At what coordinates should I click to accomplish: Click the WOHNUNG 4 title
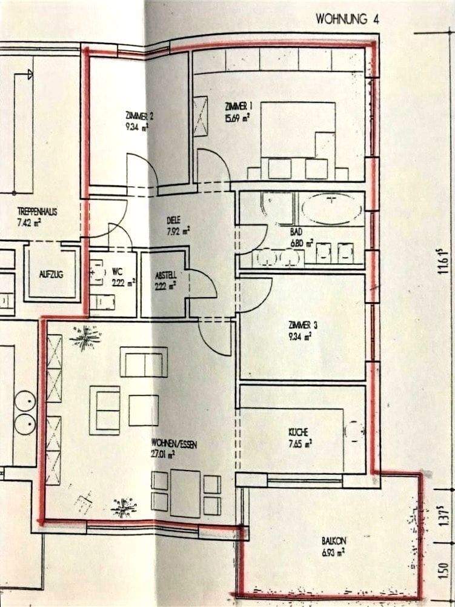347,19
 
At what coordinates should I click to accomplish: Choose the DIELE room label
175,221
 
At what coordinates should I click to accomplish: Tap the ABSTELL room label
165,273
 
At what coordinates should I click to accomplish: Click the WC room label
118,271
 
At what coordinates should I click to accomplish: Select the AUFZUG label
50,274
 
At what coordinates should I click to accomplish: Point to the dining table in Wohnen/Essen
185,485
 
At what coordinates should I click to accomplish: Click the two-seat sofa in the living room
144,362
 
